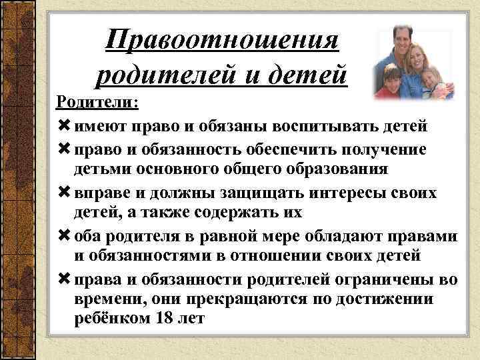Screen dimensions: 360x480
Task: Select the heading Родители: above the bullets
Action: coord(97,103)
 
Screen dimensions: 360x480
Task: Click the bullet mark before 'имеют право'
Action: coord(64,126)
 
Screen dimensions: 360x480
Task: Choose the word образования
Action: coord(333,169)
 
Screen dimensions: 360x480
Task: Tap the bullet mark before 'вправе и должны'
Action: coord(64,193)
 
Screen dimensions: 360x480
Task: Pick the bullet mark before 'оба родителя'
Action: coord(64,236)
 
